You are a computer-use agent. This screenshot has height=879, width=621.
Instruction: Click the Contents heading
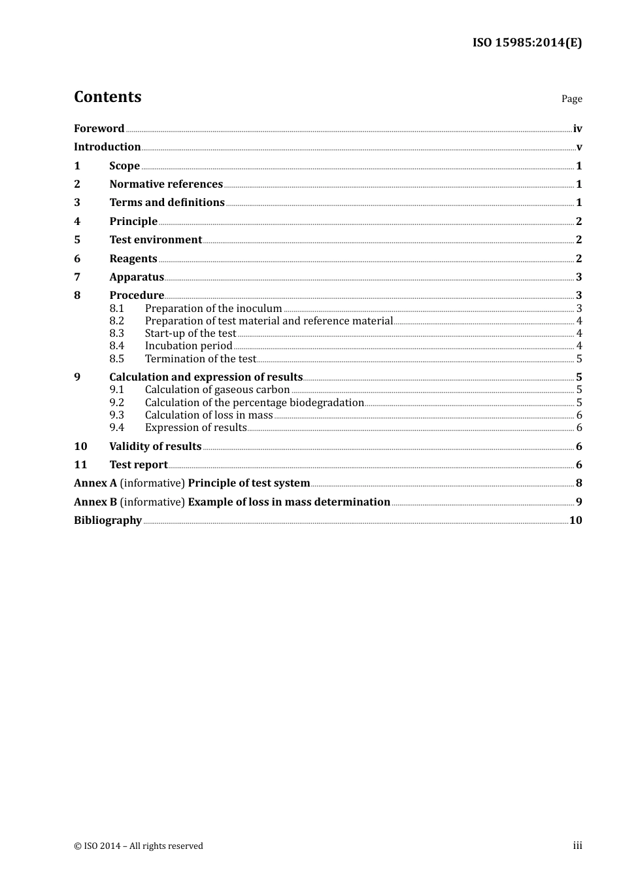tap(107, 97)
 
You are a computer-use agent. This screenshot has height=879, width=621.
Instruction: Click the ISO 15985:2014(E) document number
tap(527, 43)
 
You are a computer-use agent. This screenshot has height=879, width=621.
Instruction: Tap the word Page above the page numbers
tap(571, 99)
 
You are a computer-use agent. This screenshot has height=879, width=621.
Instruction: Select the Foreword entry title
tap(99, 129)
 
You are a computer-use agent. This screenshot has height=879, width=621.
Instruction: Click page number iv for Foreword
tap(577, 129)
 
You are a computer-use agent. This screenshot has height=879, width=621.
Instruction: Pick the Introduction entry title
tap(107, 147)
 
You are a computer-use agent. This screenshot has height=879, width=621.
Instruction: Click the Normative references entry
tap(166, 184)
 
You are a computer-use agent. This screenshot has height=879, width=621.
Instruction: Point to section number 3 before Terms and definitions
tap(77, 203)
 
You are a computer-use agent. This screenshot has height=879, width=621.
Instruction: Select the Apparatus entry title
tap(137, 277)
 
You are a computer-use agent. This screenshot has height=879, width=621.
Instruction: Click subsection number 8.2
tap(116, 321)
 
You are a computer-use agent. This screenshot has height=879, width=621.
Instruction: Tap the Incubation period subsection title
tap(188, 346)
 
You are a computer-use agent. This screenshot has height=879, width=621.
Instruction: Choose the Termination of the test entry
tap(200, 359)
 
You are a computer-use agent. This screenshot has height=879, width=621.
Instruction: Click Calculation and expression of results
tap(206, 377)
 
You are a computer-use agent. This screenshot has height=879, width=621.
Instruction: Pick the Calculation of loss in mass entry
tap(209, 415)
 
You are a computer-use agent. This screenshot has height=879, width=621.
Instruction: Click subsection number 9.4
tap(116, 428)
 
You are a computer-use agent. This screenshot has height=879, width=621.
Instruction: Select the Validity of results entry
tap(155, 447)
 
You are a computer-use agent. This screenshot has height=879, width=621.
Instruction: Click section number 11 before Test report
tap(80, 465)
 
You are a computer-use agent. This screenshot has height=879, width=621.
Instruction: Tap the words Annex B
tap(95, 502)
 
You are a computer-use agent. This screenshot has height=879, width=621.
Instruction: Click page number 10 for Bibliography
tap(575, 521)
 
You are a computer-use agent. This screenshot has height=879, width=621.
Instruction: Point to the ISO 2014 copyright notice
tap(139, 846)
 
